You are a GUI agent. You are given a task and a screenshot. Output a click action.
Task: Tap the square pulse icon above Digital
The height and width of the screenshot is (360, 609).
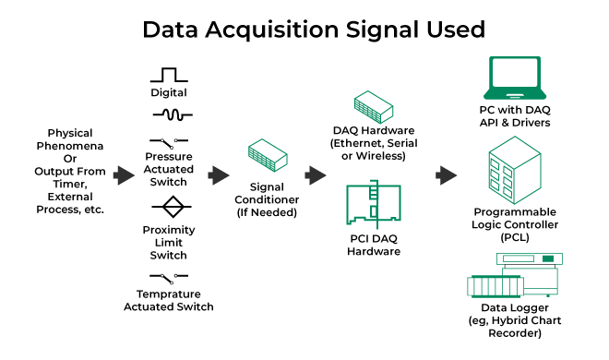(x=168, y=75)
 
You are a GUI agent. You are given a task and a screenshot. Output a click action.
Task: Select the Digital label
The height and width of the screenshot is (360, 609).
(x=168, y=92)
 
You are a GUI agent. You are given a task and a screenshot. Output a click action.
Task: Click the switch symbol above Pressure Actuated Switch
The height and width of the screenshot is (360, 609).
(x=168, y=141)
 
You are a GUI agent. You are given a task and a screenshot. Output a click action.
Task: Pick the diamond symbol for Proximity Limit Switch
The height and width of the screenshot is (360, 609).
(x=168, y=206)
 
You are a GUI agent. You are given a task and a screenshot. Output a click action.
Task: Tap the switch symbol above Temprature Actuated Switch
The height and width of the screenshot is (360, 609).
(x=168, y=278)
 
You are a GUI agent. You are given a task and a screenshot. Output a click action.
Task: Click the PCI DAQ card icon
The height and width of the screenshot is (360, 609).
(x=373, y=209)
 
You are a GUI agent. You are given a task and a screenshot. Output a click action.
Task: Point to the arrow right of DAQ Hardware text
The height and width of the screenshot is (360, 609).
(x=447, y=175)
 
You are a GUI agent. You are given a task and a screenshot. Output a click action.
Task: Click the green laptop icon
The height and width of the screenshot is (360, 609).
(x=514, y=81)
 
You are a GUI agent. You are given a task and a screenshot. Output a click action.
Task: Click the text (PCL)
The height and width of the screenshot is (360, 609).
(x=514, y=237)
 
